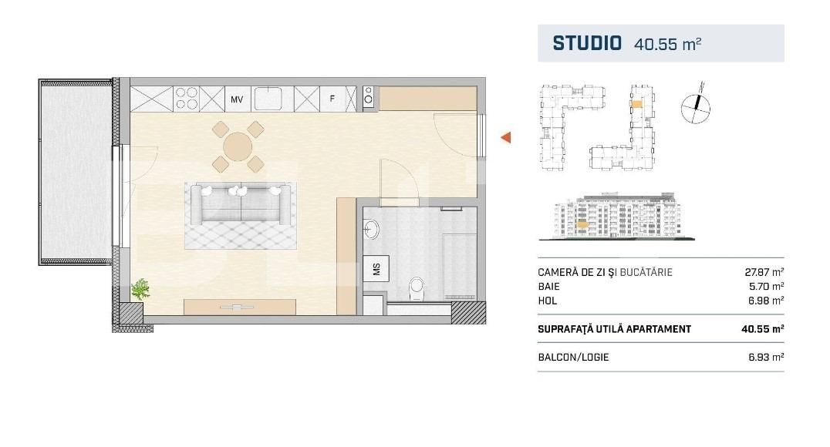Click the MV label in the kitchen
[x=237, y=99]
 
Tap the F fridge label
[x=332, y=99]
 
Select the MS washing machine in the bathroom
[x=376, y=269]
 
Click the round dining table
[x=238, y=146]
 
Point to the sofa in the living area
[x=241, y=203]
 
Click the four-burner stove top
[x=187, y=99]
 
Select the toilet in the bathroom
[x=417, y=289]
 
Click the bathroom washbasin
[x=370, y=230]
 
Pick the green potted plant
[x=141, y=289]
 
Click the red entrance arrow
[x=505, y=137]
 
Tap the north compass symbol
[x=696, y=106]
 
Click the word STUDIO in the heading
[x=587, y=43]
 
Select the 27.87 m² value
[x=764, y=272]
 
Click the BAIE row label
[x=548, y=286]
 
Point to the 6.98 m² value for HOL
[x=765, y=301]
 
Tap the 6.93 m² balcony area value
[x=766, y=357]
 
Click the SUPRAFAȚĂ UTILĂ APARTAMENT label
[x=615, y=329]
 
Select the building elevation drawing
[x=617, y=217]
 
